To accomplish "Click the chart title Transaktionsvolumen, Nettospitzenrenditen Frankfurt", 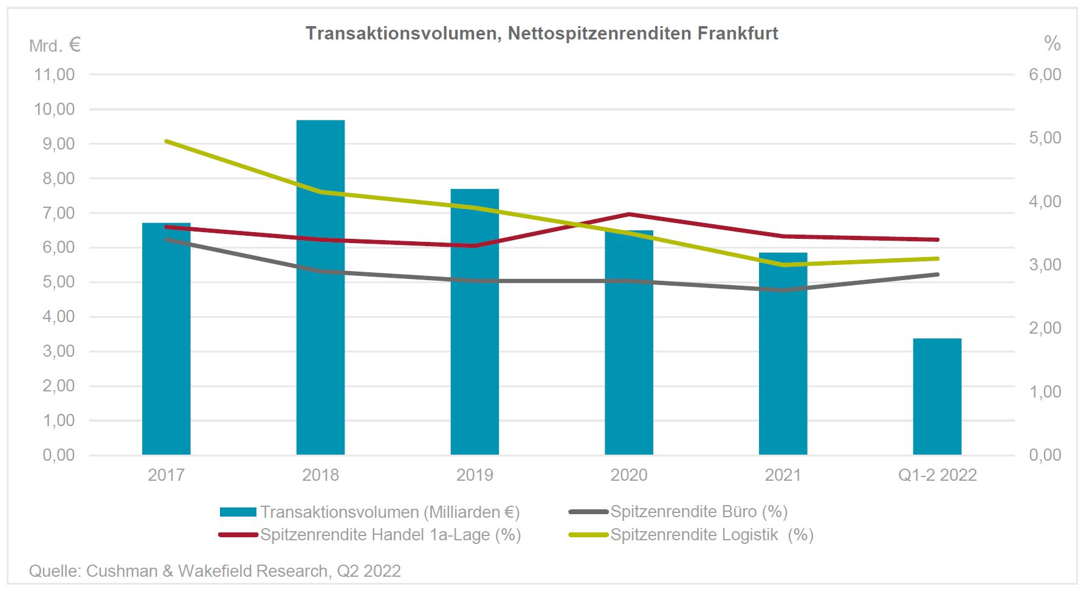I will coord(541,33).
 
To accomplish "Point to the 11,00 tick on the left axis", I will coord(55,75).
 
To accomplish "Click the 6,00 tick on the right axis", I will coord(1045,75).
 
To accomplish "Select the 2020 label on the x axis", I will coord(628,475).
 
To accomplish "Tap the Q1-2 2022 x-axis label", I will coord(937,475).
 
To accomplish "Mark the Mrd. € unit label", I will coord(55,45).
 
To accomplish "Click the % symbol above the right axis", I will coord(1052,44).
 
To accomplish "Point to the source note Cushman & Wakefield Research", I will coord(215,571).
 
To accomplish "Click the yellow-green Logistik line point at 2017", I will coord(167,141).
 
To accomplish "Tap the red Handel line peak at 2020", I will coord(629,214).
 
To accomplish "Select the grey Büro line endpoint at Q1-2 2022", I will coord(937,274).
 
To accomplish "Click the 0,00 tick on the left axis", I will coord(58,455).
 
